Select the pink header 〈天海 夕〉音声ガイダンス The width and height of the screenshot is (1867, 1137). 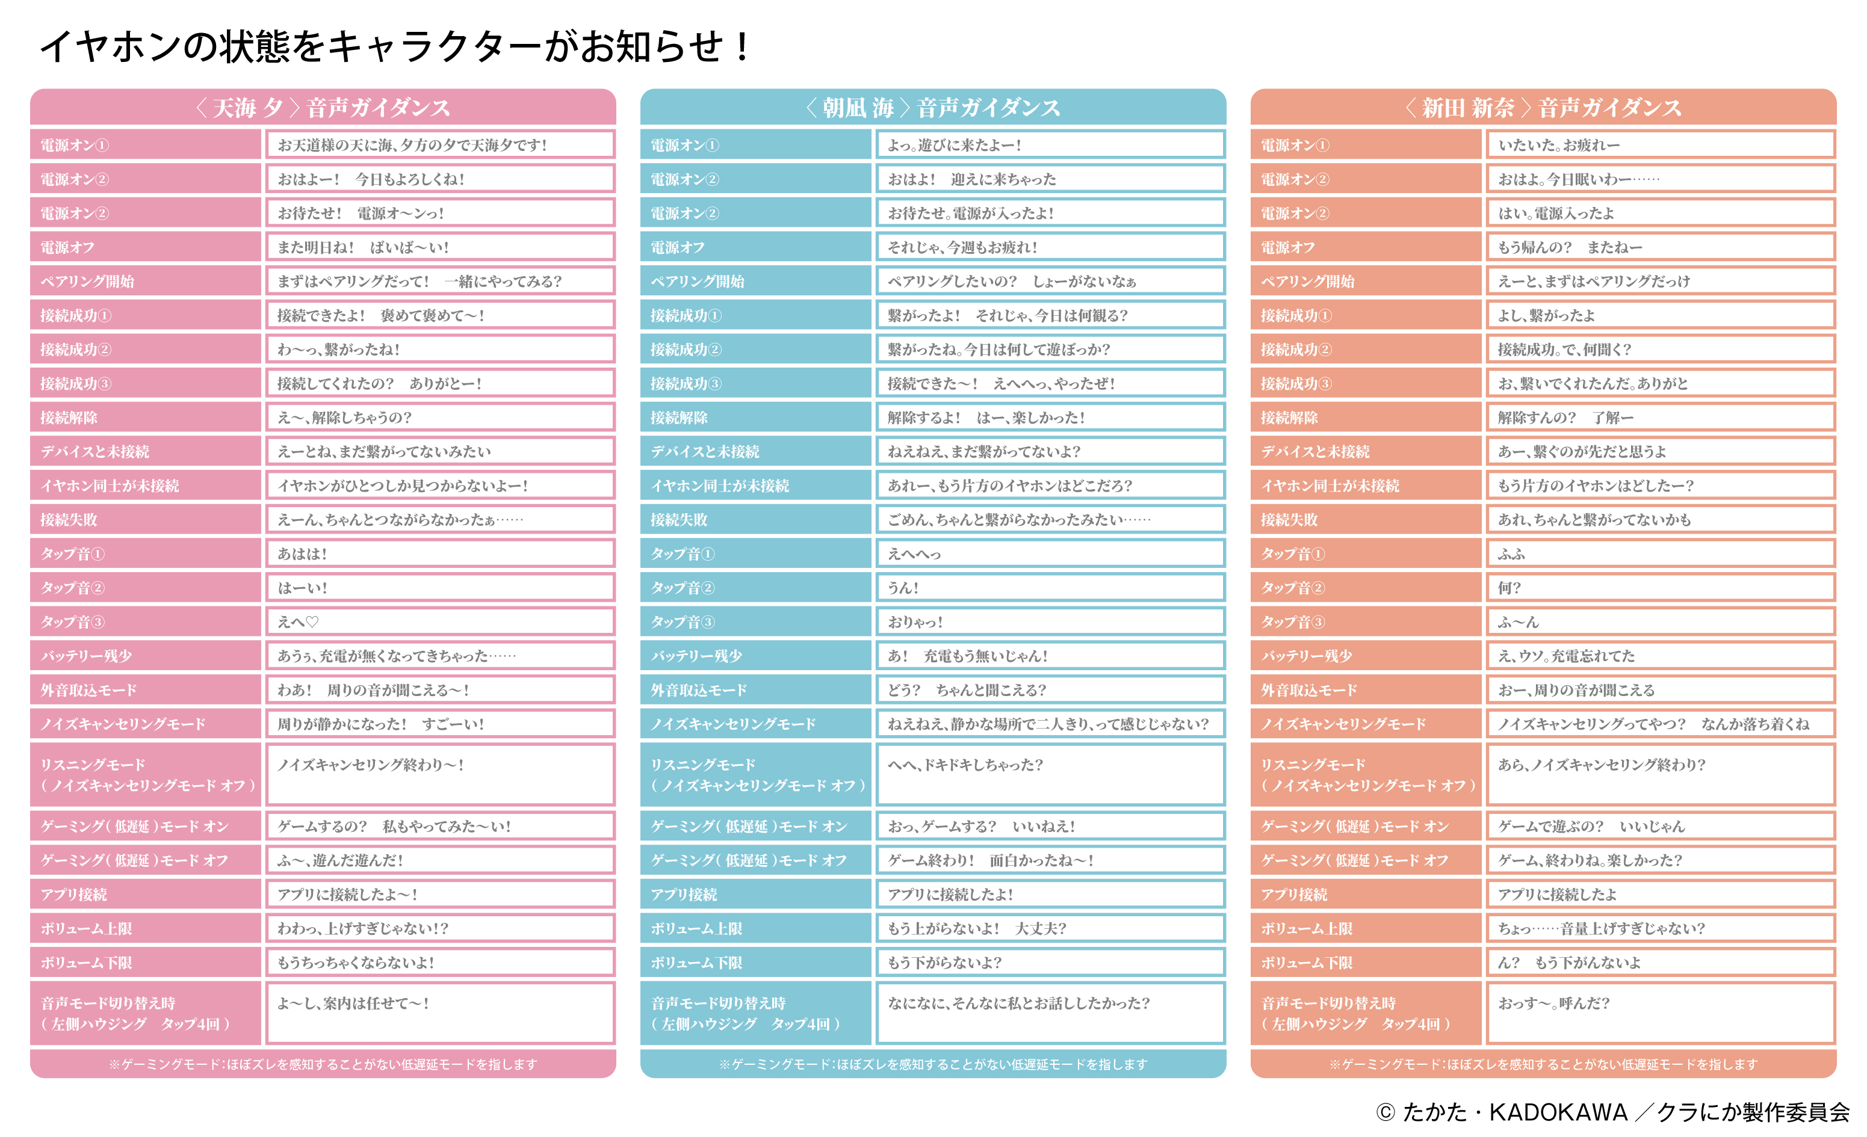pyautogui.click(x=323, y=108)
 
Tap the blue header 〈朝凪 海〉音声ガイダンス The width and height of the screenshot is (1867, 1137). pyautogui.click(x=933, y=108)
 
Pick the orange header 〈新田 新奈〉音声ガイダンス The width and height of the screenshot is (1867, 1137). pyautogui.click(x=1543, y=108)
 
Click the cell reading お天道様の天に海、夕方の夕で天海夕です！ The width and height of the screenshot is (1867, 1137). pyautogui.click(x=439, y=144)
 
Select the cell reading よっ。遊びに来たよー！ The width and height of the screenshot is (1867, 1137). pyautogui.click(x=1050, y=144)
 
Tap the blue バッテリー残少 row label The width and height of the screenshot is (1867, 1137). pyautogui.click(x=755, y=656)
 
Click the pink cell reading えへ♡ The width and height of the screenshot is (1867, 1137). pyautogui.click(x=439, y=622)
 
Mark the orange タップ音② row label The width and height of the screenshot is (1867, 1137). pyautogui.click(x=1366, y=588)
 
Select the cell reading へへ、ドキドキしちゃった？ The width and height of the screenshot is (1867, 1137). pyautogui.click(x=1050, y=774)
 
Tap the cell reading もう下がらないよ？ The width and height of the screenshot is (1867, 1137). pyautogui.click(x=1050, y=963)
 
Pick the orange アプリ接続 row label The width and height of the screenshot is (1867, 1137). pyautogui.click(x=1366, y=895)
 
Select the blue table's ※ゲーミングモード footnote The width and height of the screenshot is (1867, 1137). pyautogui.click(x=933, y=1064)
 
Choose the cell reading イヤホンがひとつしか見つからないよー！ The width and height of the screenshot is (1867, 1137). pyautogui.click(x=439, y=485)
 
